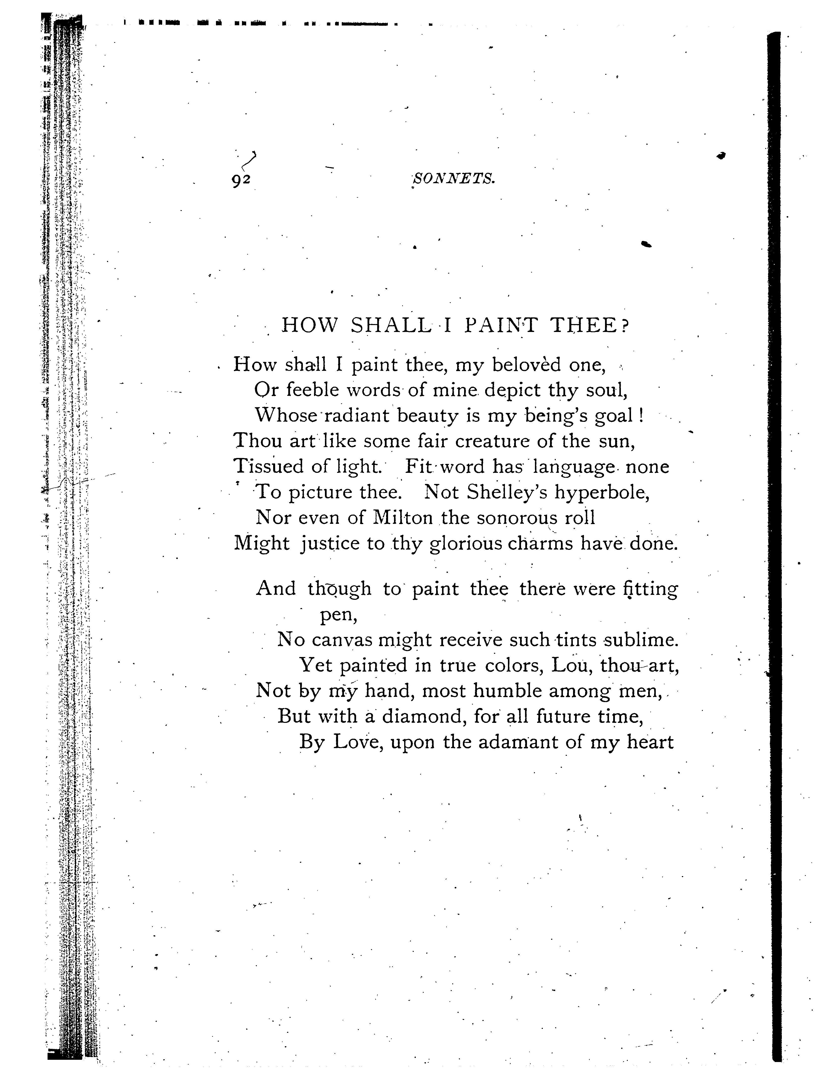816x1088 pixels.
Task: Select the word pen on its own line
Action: pyautogui.click(x=338, y=615)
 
